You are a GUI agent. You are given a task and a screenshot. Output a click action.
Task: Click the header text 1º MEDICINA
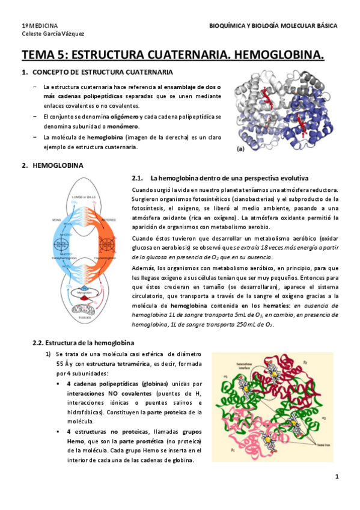click(40, 26)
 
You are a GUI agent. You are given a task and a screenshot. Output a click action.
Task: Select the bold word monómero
click(124, 126)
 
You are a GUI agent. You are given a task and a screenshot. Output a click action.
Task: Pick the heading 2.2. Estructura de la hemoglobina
click(79, 343)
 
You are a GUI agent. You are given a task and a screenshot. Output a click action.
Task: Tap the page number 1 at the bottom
click(337, 478)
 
